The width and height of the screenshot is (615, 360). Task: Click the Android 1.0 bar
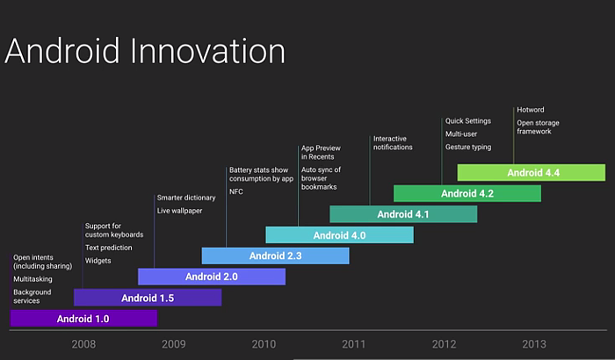pyautogui.click(x=83, y=318)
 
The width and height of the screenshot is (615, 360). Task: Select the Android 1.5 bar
pyautogui.click(x=148, y=298)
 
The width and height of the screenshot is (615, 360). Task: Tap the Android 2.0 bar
pyautogui.click(x=212, y=277)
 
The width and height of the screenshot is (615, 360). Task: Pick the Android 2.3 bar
pyautogui.click(x=275, y=256)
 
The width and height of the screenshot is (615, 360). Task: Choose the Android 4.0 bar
pyautogui.click(x=340, y=235)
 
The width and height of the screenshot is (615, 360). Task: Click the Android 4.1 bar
pyautogui.click(x=403, y=214)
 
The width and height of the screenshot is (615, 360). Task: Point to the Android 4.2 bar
pyautogui.click(x=467, y=193)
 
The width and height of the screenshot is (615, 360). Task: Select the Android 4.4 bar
pyautogui.click(x=532, y=173)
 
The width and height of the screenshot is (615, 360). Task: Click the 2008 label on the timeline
pyautogui.click(x=83, y=344)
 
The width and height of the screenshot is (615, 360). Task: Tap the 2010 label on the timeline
pyautogui.click(x=264, y=344)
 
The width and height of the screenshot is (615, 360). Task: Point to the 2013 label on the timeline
pyautogui.click(x=534, y=344)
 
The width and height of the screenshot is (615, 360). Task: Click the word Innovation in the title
pyautogui.click(x=207, y=51)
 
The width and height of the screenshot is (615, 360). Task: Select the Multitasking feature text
pyautogui.click(x=33, y=279)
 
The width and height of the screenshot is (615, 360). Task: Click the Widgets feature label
pyautogui.click(x=98, y=261)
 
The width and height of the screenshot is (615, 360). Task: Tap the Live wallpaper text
pyautogui.click(x=179, y=211)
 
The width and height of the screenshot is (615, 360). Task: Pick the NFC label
pyautogui.click(x=236, y=191)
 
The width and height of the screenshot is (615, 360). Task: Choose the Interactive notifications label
pyautogui.click(x=393, y=143)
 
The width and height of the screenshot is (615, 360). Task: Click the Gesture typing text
pyautogui.click(x=468, y=147)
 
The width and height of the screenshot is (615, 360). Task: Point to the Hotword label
pyautogui.click(x=531, y=110)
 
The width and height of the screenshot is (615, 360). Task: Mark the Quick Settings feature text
pyautogui.click(x=468, y=121)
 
